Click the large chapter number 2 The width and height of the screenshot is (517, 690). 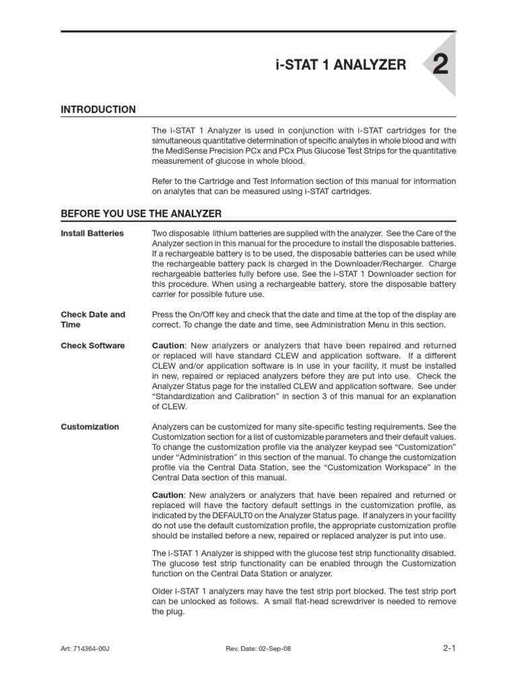pos(439,65)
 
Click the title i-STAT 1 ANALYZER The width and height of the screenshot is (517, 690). pos(341,65)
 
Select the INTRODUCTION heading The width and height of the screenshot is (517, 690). pos(98,110)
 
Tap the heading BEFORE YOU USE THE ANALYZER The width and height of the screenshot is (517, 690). pos(141,214)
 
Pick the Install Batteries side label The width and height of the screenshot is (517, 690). pos(92,233)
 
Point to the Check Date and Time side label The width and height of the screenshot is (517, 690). pos(93,319)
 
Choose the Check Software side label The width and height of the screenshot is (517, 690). pos(93,346)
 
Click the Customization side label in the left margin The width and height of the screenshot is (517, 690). pos(90,427)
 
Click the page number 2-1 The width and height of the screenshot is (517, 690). pos(449,648)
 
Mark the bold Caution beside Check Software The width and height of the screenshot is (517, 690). pos(168,346)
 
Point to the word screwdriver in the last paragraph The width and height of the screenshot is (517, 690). pos(365,601)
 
